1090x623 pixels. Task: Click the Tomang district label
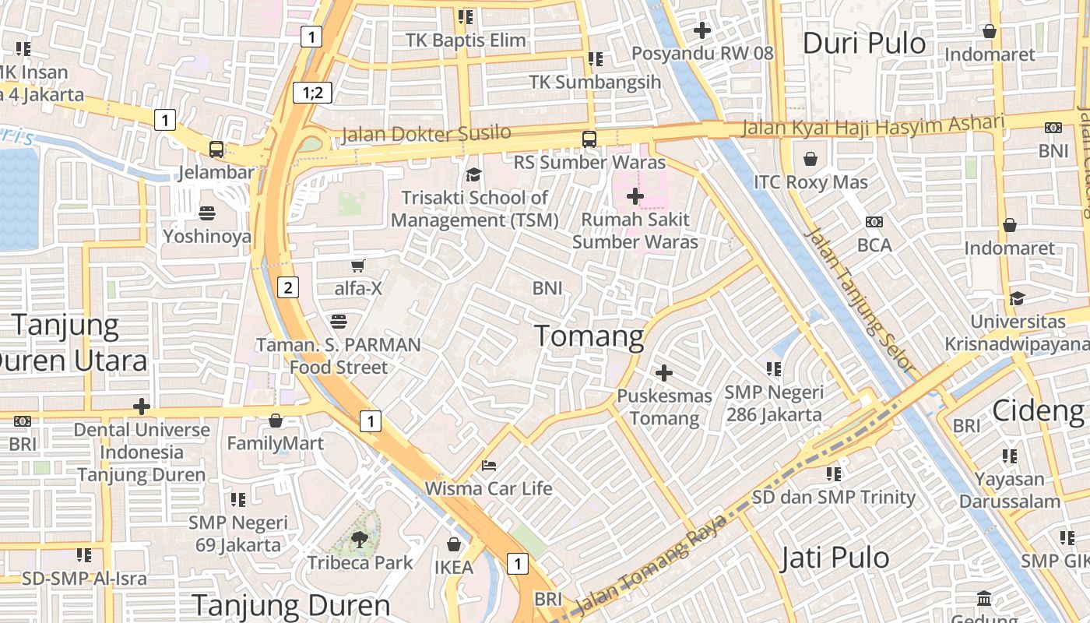pyautogui.click(x=589, y=336)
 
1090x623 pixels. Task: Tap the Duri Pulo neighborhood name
pyautogui.click(x=863, y=44)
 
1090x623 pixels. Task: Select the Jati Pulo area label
pyautogui.click(x=835, y=558)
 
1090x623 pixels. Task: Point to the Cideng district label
pyautogui.click(x=1038, y=410)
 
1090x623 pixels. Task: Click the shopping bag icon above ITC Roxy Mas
pyautogui.click(x=810, y=160)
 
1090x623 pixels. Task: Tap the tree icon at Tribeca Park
pyautogui.click(x=359, y=538)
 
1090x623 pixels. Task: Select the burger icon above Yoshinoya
pyautogui.click(x=207, y=213)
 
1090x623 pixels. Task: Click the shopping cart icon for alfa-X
pyautogui.click(x=358, y=266)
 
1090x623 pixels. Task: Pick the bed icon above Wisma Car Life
pyautogui.click(x=488, y=466)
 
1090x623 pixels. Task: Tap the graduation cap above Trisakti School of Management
pyautogui.click(x=473, y=174)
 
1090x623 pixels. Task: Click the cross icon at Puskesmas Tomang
pyautogui.click(x=663, y=373)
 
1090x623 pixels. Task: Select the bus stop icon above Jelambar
pyautogui.click(x=216, y=149)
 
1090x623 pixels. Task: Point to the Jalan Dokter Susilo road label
pyautogui.click(x=426, y=134)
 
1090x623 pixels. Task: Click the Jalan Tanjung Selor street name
pyautogui.click(x=859, y=299)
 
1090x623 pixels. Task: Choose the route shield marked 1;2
pyautogui.click(x=312, y=93)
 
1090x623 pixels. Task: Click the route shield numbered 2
pyautogui.click(x=288, y=287)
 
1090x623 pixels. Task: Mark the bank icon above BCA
pyautogui.click(x=874, y=222)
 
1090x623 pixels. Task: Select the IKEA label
pyautogui.click(x=454, y=567)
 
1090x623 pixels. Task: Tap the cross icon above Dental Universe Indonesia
pyautogui.click(x=141, y=406)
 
